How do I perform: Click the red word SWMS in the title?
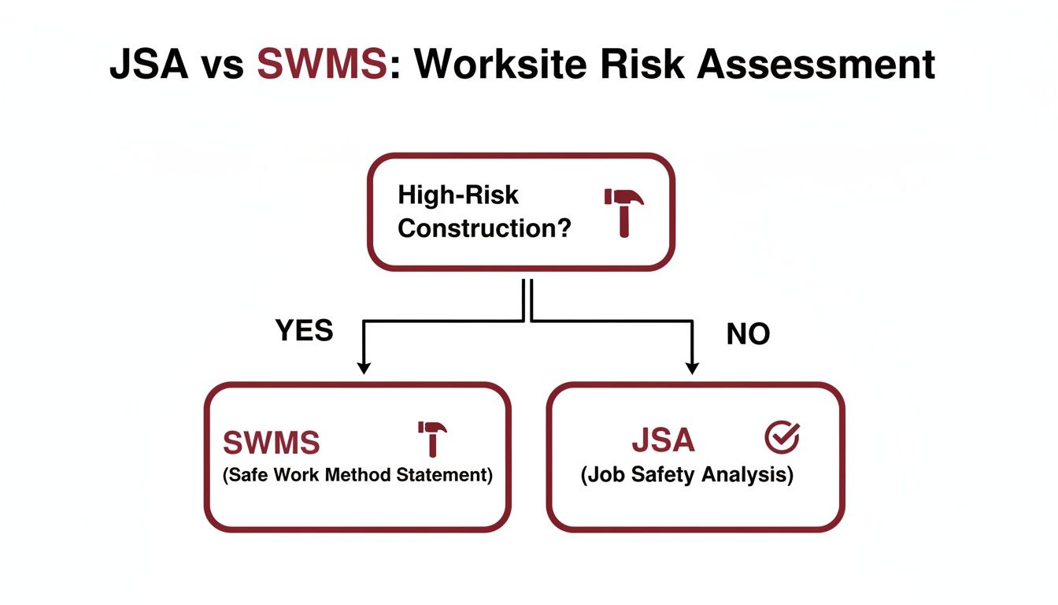pos(322,65)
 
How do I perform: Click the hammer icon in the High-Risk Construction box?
pos(623,210)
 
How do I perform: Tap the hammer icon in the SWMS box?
pos(431,438)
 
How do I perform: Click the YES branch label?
pos(305,331)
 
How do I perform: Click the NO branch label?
pos(748,335)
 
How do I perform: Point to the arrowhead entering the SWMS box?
pos(363,367)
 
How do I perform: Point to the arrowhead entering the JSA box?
pos(693,367)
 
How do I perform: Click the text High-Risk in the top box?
pos(446,195)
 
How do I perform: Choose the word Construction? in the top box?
pos(484,228)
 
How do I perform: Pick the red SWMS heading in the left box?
pos(272,443)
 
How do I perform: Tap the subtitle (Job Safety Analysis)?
pos(686,477)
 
